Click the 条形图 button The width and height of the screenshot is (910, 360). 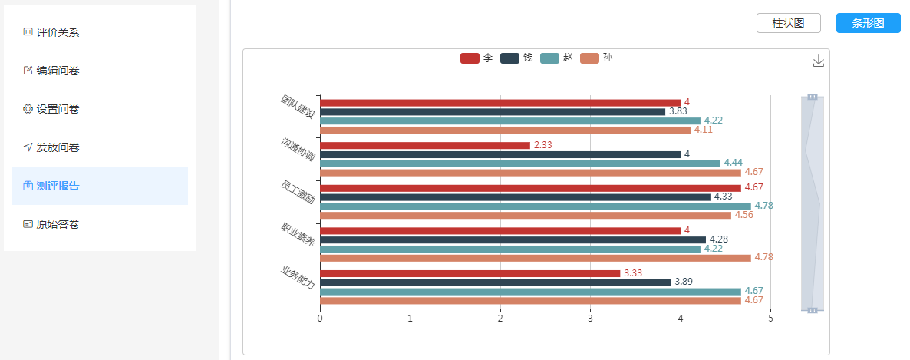pyautogui.click(x=868, y=23)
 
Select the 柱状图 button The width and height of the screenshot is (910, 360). pyautogui.click(x=788, y=23)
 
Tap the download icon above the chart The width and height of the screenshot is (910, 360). pyautogui.click(x=818, y=61)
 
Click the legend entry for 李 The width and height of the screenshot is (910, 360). pyautogui.click(x=476, y=58)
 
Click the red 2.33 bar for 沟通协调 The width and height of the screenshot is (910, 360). pyautogui.click(x=424, y=145)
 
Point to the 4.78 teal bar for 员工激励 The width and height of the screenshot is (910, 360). pyautogui.click(x=535, y=206)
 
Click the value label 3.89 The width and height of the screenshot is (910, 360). pyautogui.click(x=683, y=282)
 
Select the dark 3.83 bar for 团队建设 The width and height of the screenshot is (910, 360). pyautogui.click(x=492, y=111)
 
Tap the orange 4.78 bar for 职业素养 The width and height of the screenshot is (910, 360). pyautogui.click(x=535, y=257)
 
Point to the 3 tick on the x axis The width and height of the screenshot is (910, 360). pyautogui.click(x=590, y=318)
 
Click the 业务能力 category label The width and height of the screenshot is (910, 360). pyautogui.click(x=298, y=277)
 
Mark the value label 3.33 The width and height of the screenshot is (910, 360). pyautogui.click(x=633, y=273)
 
